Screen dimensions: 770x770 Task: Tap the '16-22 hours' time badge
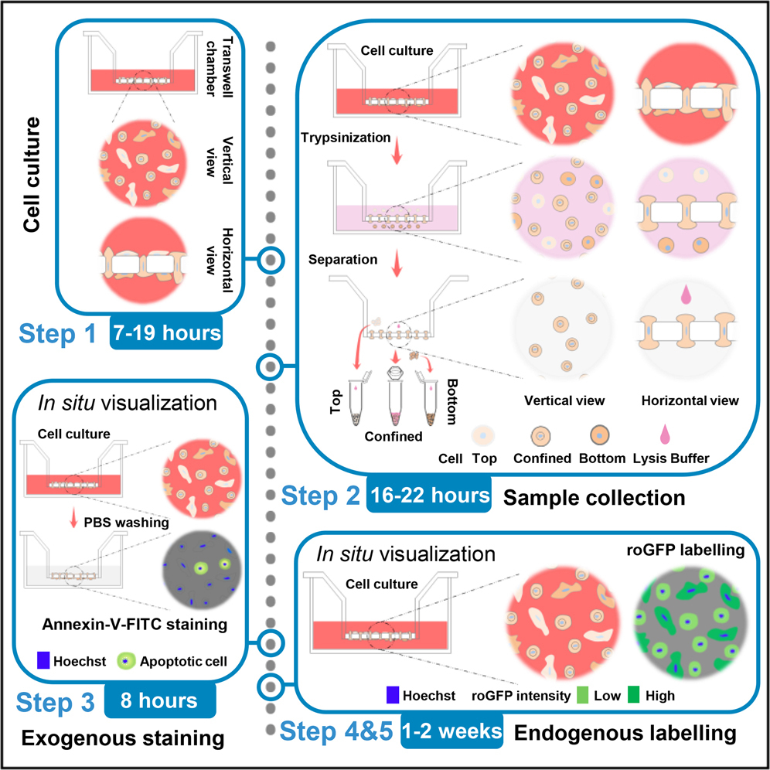(430, 496)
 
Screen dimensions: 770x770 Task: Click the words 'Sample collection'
(594, 497)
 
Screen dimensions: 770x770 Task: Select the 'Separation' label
(343, 260)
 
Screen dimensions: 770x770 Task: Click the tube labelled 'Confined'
(396, 402)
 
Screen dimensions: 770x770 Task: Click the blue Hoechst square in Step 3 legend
(44, 661)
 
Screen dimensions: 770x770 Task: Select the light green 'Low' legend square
(584, 695)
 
